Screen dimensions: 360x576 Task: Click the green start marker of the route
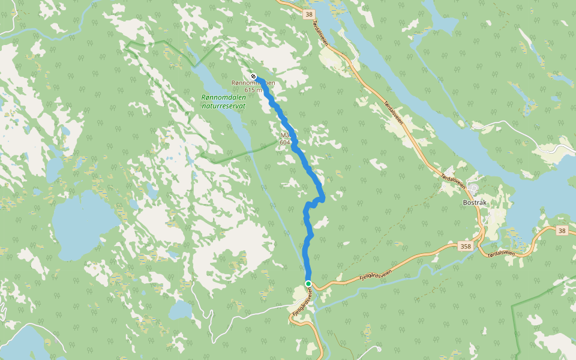tap(308, 283)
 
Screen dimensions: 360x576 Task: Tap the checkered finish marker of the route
tap(254, 77)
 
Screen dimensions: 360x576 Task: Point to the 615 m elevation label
tap(254, 90)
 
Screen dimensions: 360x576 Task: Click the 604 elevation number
tap(284, 143)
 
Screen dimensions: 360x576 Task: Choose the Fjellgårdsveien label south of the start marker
tap(302, 303)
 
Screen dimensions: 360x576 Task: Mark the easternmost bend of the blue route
tap(324, 197)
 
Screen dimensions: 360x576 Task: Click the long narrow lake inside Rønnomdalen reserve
tap(225, 114)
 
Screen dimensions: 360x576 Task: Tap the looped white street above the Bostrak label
tap(475, 189)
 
